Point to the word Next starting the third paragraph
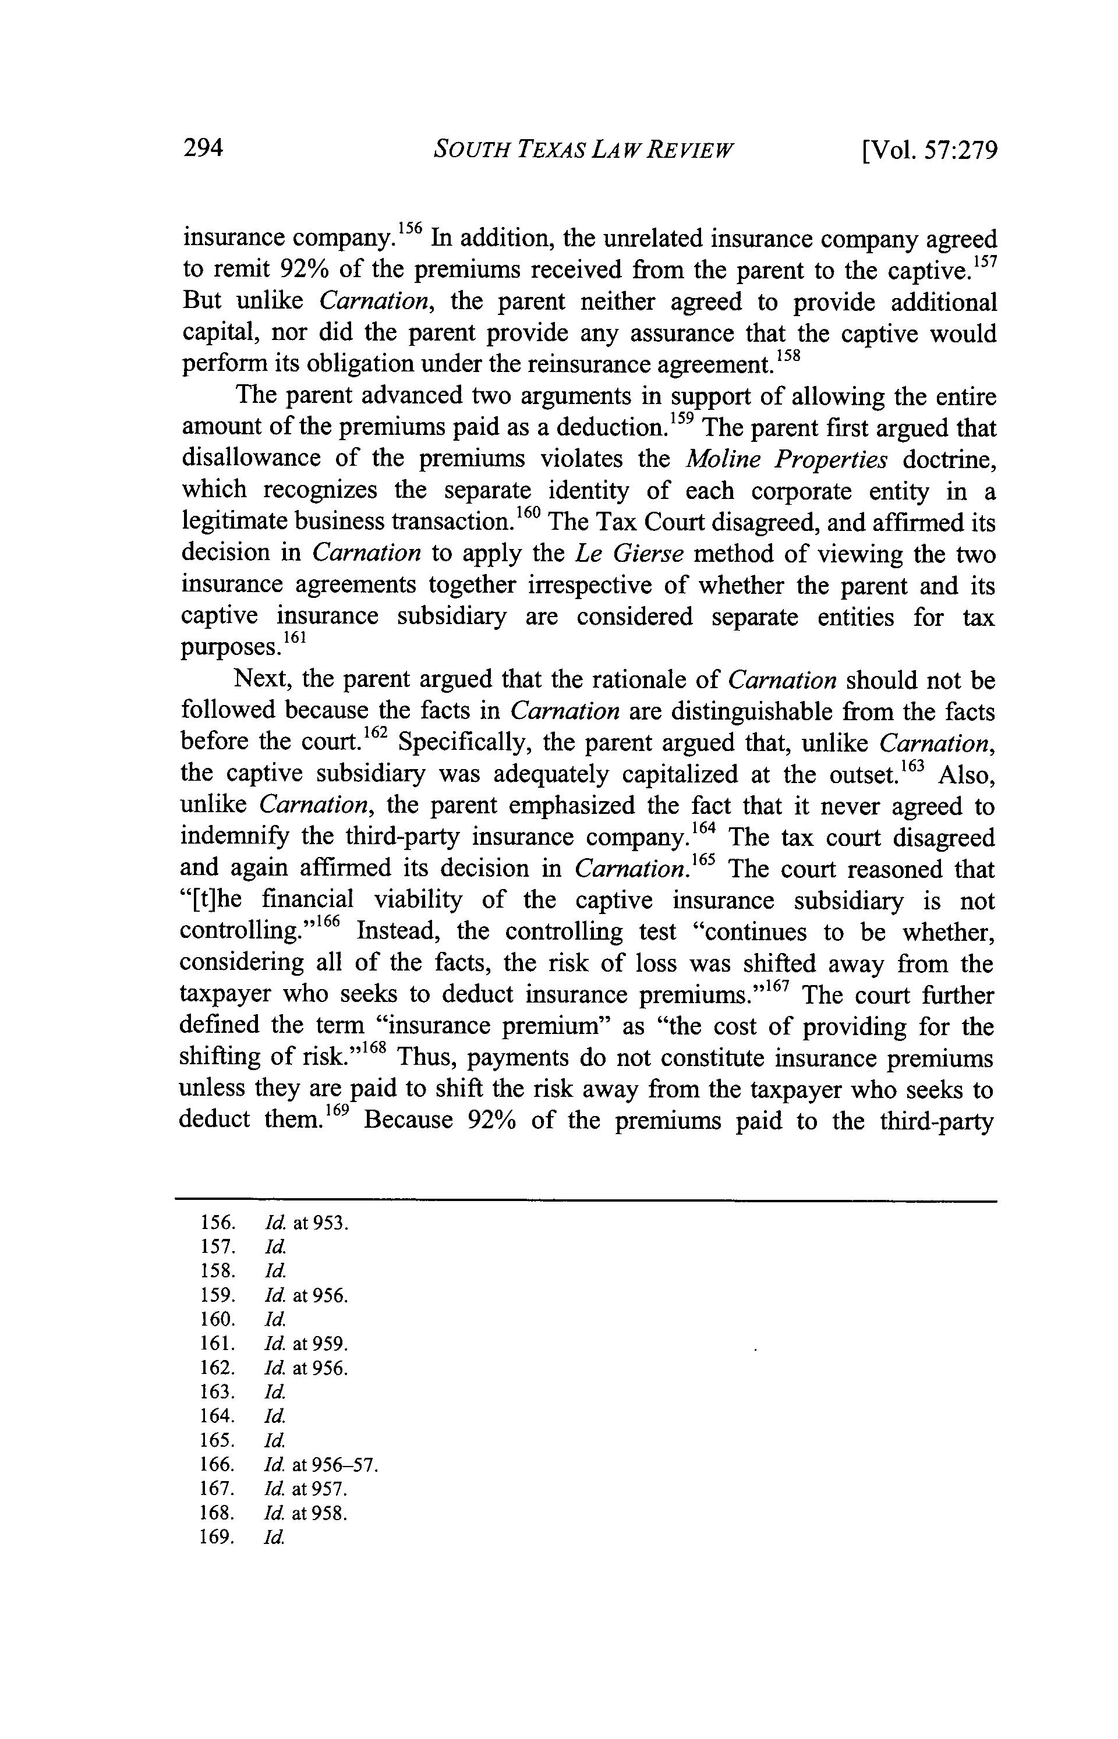pyautogui.click(x=262, y=680)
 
